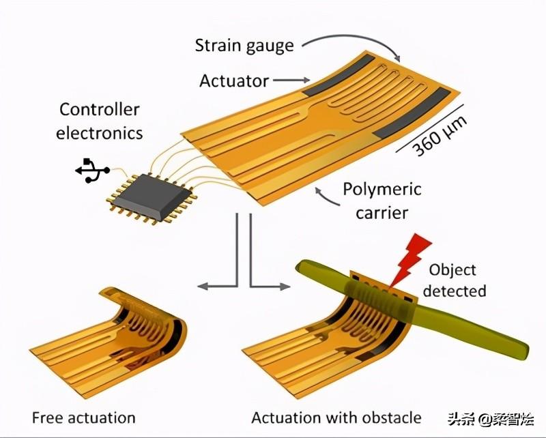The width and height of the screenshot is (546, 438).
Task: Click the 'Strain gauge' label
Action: [x=244, y=46]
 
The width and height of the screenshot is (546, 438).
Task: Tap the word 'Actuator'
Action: [x=233, y=81]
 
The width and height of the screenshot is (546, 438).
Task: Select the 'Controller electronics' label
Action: [x=100, y=121]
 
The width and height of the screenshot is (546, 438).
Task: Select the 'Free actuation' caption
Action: [x=83, y=417]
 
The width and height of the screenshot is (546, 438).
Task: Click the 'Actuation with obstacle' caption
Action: [x=336, y=417]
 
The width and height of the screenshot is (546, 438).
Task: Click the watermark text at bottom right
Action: [x=491, y=419]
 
